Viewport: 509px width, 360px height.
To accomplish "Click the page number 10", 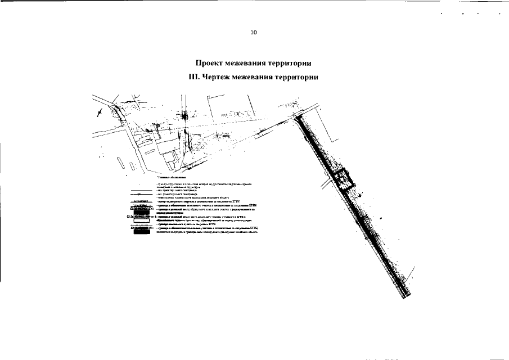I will [x=254, y=33].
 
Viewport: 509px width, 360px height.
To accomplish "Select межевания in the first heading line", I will [x=252, y=63].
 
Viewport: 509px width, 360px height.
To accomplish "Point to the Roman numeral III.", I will [x=194, y=76].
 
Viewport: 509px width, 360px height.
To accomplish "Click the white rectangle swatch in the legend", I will [x=142, y=220].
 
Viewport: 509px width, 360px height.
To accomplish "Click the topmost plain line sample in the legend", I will [x=141, y=191].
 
